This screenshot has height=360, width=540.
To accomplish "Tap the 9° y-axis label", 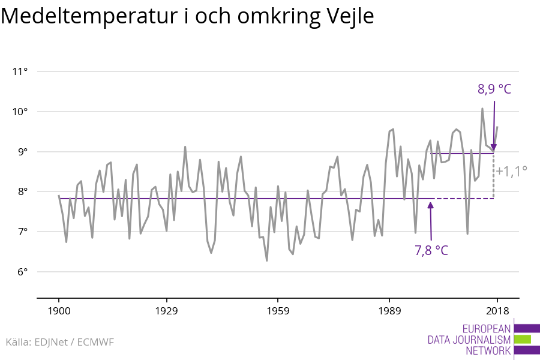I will pyautogui.click(x=23, y=152).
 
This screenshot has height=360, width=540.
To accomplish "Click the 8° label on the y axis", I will pyautogui.click(x=23, y=192).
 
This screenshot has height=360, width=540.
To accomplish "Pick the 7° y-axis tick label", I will pyautogui.click(x=23, y=232).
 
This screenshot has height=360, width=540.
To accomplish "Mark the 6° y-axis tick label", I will pyautogui.click(x=23, y=272).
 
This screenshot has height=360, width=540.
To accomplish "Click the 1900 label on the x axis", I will pyautogui.click(x=59, y=311).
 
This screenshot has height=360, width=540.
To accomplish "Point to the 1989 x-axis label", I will pyautogui.click(x=389, y=311).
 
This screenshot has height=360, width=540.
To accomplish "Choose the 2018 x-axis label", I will pyautogui.click(x=497, y=311).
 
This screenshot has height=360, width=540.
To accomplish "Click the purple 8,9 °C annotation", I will pyautogui.click(x=494, y=89).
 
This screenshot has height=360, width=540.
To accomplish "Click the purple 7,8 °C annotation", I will pyautogui.click(x=431, y=250).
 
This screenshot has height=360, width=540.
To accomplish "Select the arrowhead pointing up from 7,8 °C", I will pyautogui.click(x=430, y=205).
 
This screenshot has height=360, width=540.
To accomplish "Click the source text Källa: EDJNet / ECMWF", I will pyautogui.click(x=59, y=342).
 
